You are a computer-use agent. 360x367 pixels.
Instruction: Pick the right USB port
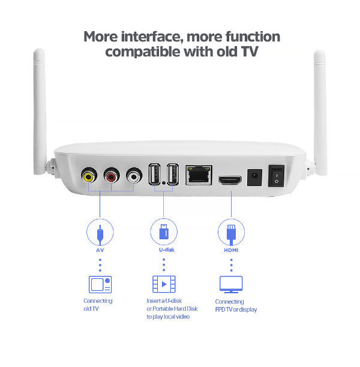click(172, 174)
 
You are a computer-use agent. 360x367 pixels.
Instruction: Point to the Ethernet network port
click(199, 175)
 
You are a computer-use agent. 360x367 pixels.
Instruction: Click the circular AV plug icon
click(100, 231)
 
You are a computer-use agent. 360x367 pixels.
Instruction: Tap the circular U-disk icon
click(163, 231)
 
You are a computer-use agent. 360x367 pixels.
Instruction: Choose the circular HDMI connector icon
click(231, 231)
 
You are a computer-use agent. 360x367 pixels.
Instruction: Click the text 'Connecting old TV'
click(98, 305)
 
